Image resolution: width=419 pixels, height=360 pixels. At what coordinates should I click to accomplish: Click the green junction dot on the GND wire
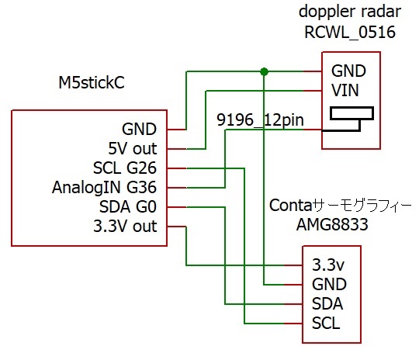tap(264, 71)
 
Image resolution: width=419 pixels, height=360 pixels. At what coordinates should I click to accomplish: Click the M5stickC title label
tap(92, 82)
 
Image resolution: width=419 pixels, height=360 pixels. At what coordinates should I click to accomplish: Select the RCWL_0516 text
tap(350, 33)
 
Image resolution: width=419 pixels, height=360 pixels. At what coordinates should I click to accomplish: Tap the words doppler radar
tap(350, 12)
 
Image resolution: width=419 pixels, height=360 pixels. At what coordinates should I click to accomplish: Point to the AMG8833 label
tap(332, 224)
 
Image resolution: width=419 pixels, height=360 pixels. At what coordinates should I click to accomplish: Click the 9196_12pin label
tap(260, 119)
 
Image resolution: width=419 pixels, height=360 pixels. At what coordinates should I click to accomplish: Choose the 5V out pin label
tap(133, 149)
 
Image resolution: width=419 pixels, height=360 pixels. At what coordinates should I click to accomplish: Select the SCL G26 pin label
tap(125, 168)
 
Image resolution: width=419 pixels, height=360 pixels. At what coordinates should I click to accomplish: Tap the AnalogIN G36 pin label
tap(105, 187)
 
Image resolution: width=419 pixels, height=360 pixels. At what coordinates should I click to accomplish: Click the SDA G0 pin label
tap(128, 207)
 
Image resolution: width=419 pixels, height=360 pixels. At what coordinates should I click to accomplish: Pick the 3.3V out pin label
tap(125, 226)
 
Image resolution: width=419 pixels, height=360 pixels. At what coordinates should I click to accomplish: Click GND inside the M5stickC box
tap(139, 130)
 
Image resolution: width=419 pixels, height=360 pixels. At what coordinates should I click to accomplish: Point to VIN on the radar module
tap(345, 90)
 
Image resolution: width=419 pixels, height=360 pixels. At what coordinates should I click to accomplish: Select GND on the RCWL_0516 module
tap(348, 71)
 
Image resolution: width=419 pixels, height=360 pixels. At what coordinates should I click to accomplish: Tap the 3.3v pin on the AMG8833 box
tap(328, 265)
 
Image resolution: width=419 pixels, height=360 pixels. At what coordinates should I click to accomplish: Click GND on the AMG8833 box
tap(329, 285)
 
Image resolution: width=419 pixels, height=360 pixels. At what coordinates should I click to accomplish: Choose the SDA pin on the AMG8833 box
tap(327, 304)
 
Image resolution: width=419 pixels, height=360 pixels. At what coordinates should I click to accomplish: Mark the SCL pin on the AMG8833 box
tap(326, 323)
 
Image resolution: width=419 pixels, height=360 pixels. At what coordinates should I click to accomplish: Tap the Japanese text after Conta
tap(362, 206)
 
